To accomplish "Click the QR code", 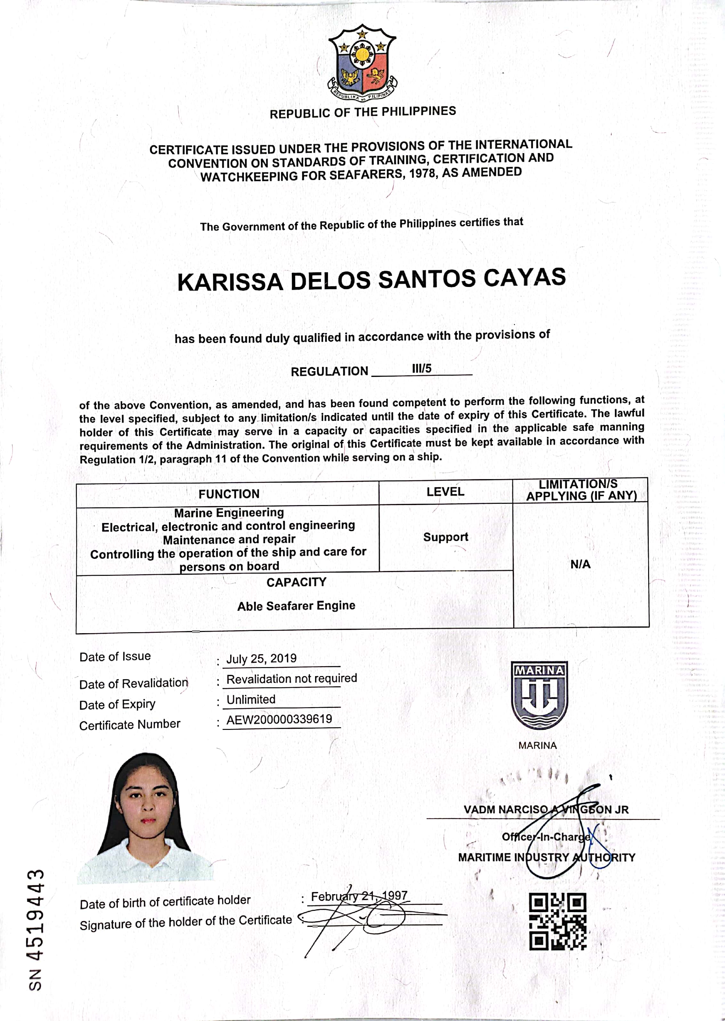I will (557, 921).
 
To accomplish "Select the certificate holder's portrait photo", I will (145, 817).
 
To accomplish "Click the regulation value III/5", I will (421, 369).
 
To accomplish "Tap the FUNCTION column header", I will (229, 494).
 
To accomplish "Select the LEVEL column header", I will (445, 492).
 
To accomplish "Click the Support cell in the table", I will (445, 537).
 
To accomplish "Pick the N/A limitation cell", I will (580, 564).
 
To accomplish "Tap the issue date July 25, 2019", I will (261, 658).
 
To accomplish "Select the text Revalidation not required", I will (291, 679).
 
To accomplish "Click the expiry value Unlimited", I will (251, 699).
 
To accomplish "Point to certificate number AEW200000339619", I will (279, 720).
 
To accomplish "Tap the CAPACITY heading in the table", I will (297, 582).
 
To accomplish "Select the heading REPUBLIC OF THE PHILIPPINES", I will (362, 112).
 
